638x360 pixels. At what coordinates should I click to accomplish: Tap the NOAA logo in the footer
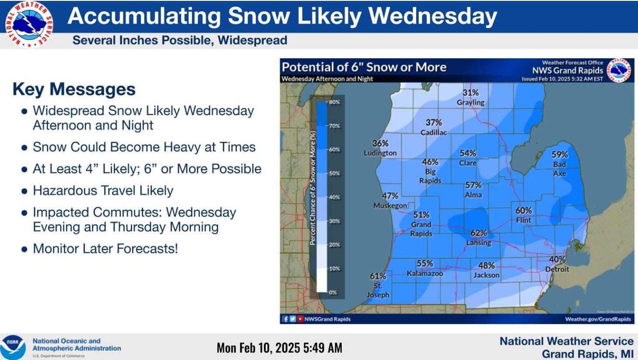[x=13, y=348]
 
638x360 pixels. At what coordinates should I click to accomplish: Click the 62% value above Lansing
[x=479, y=233]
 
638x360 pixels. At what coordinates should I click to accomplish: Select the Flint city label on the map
[x=523, y=220]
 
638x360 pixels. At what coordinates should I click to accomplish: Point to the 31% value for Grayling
[x=471, y=93]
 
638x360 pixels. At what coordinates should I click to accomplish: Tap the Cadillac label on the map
[x=434, y=132]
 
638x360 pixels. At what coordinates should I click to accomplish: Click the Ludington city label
[x=380, y=153]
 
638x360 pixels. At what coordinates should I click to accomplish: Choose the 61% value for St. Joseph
[x=378, y=276]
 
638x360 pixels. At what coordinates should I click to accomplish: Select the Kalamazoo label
[x=425, y=273]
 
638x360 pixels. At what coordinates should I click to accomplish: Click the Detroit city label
[x=557, y=269]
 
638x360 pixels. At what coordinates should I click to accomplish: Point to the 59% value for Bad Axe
[x=560, y=154]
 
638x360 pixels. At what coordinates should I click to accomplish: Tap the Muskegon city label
[x=390, y=206]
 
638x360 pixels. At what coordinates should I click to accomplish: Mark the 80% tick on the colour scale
[x=334, y=102]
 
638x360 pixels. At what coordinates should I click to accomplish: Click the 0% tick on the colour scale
[x=333, y=292]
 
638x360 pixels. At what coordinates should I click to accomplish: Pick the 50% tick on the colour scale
[x=334, y=173]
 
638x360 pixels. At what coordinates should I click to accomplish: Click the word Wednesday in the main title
[x=433, y=16]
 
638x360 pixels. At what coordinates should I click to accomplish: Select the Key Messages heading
[x=74, y=89]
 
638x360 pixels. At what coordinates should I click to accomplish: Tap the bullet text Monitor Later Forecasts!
[x=105, y=248]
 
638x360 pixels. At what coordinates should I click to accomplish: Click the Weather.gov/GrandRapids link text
[x=598, y=319]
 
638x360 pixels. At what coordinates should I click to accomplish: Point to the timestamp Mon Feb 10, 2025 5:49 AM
[x=279, y=348]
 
